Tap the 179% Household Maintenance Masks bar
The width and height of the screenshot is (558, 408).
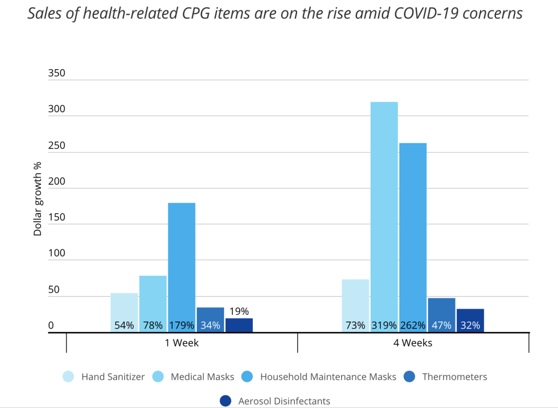[x=181, y=267]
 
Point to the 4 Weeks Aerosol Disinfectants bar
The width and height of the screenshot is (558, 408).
[x=470, y=320]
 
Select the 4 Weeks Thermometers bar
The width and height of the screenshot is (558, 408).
[x=441, y=314]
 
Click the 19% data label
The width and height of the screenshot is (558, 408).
[x=239, y=312]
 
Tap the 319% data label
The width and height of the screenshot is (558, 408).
[x=384, y=326]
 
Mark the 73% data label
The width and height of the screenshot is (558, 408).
[x=355, y=326]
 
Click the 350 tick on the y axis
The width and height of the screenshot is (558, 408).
[x=57, y=73]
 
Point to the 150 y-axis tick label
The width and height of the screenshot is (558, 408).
[x=57, y=217]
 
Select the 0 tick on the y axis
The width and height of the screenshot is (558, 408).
[x=51, y=326]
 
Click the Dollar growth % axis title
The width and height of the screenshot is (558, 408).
[x=38, y=202]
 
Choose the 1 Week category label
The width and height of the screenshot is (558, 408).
[x=181, y=343]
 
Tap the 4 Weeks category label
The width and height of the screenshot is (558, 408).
[x=413, y=343]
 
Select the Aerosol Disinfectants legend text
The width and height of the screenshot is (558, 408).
[x=284, y=401]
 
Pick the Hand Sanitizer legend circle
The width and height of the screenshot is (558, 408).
[x=69, y=376]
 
